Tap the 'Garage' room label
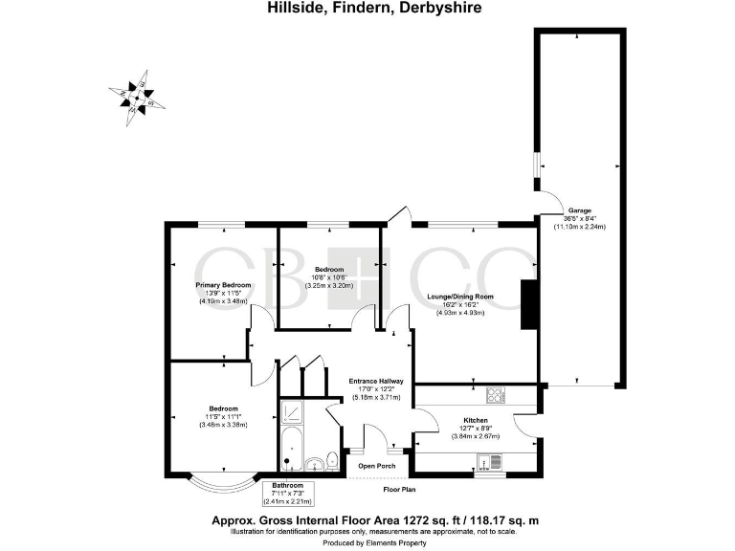(x=580, y=209)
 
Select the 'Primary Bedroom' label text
(x=223, y=285)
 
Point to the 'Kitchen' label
(x=476, y=421)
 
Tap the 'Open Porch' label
(x=376, y=466)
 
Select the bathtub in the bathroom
(x=291, y=448)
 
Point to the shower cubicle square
(x=292, y=411)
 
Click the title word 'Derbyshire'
(x=439, y=8)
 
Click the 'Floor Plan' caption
(x=401, y=489)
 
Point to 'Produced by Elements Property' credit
(x=367, y=542)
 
